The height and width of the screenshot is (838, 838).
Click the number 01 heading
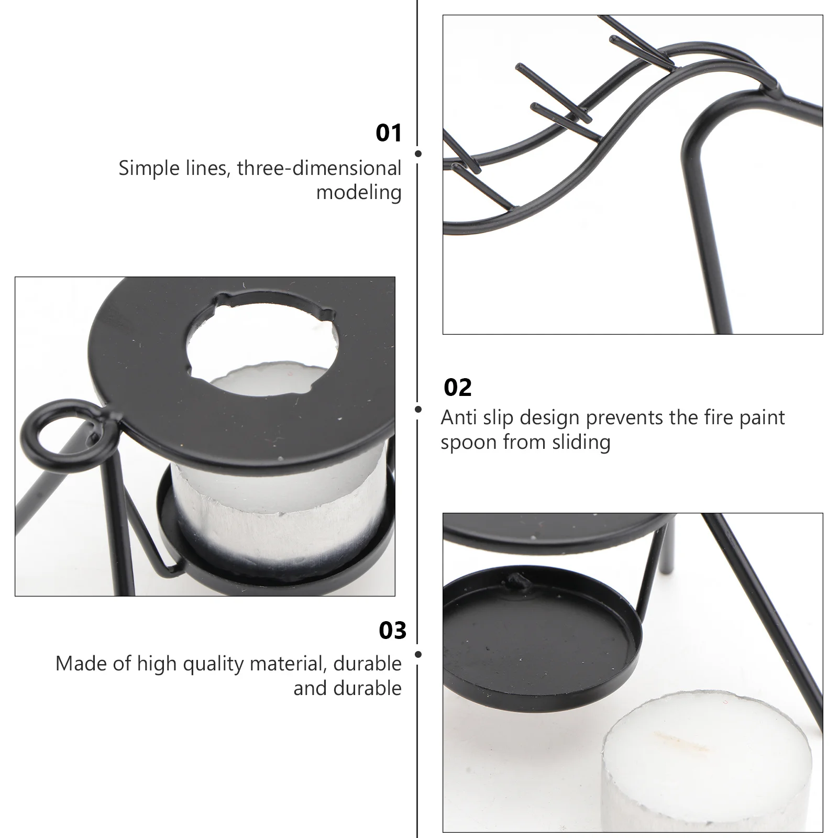pos(389,133)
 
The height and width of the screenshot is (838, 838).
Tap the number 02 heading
pos(458,388)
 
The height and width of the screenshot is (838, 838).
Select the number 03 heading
pos(392,630)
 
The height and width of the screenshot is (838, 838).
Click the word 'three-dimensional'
pos(319,169)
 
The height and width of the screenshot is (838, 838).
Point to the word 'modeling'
pos(359,193)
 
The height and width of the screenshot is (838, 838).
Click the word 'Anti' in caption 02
pos(458,418)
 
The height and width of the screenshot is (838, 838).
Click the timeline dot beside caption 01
pos(418,153)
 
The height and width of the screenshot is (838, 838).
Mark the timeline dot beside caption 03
pos(418,655)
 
